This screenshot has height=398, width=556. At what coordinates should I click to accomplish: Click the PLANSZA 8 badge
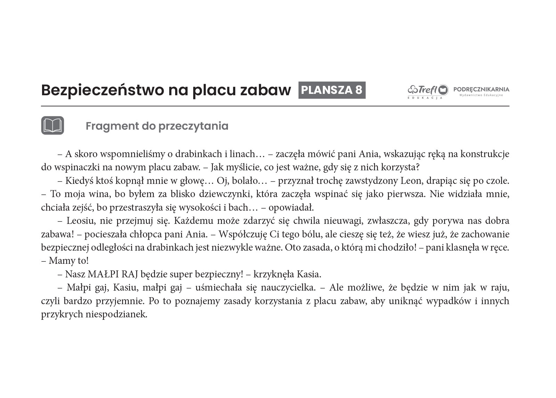tap(332, 90)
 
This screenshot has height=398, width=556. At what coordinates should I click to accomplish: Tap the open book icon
tap(52, 125)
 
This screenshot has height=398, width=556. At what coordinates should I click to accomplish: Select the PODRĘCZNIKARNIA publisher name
tap(481, 89)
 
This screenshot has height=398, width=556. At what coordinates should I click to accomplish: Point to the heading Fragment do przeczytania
tap(157, 126)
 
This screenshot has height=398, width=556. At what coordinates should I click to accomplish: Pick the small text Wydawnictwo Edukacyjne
tap(481, 95)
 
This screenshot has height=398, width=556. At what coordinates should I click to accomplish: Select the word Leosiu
tap(80, 221)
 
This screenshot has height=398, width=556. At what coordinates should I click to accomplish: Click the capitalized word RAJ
tap(130, 274)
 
